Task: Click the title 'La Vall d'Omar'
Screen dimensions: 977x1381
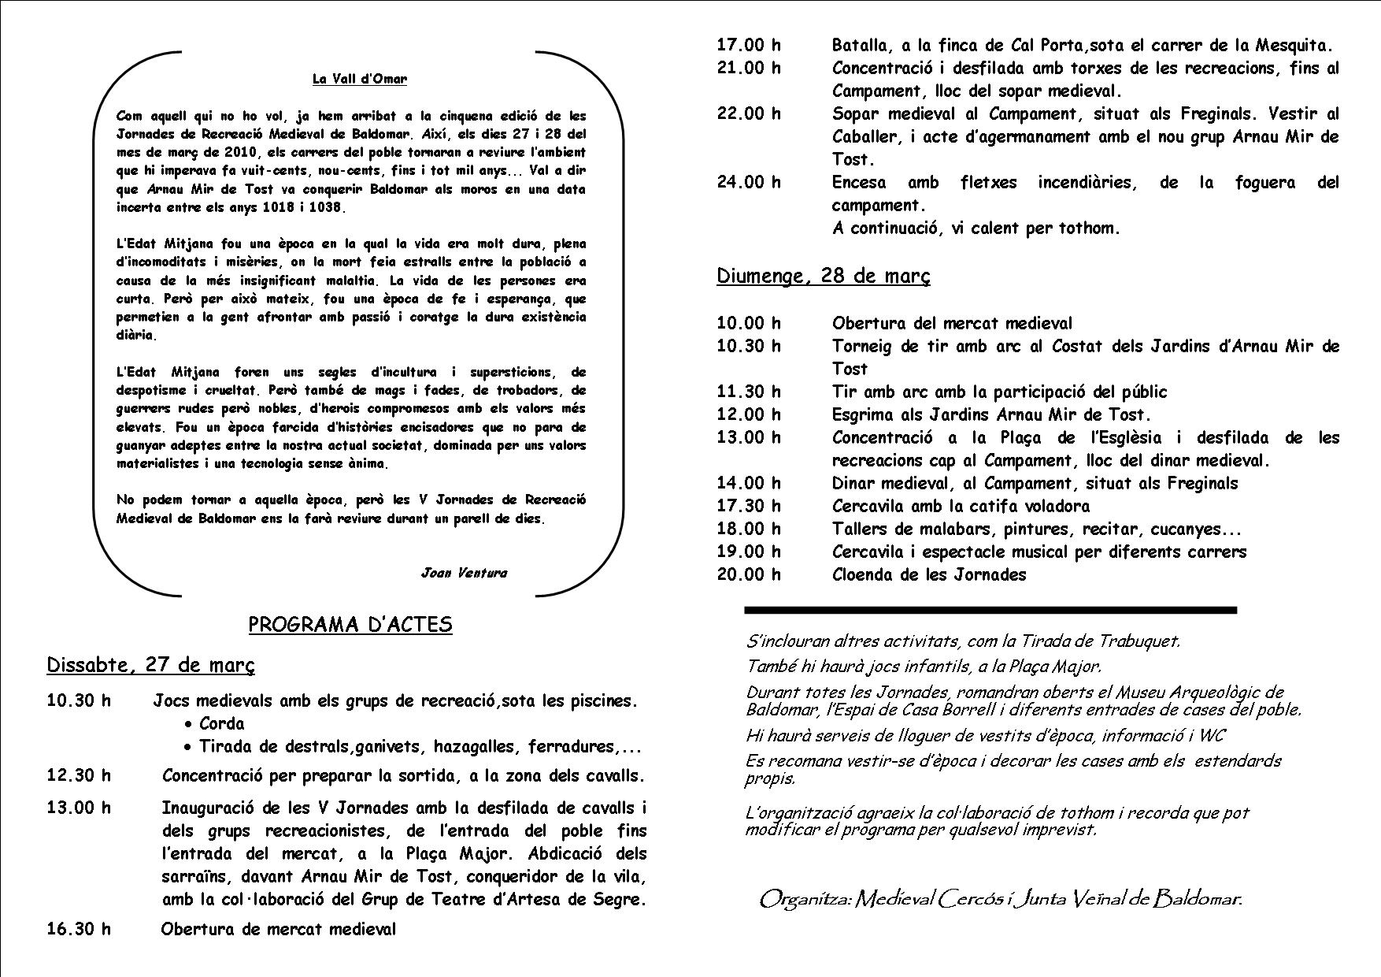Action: [360, 79]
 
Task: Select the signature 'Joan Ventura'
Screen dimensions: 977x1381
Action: [464, 573]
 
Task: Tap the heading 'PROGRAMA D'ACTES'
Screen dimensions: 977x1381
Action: [350, 625]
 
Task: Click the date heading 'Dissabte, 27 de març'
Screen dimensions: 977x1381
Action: [151, 665]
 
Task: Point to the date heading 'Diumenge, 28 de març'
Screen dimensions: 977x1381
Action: [824, 276]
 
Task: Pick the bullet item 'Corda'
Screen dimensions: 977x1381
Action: [221, 723]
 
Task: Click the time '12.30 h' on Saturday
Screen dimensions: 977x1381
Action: [79, 775]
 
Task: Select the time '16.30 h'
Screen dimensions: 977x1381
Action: [79, 929]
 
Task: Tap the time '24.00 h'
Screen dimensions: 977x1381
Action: [749, 183]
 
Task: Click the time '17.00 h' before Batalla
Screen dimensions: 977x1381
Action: [749, 45]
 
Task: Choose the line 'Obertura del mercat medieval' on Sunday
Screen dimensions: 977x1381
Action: [952, 323]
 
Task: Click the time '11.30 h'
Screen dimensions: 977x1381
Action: [749, 392]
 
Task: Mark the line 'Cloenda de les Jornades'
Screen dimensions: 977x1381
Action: [929, 574]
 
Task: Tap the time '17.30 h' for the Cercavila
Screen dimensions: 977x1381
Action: [749, 506]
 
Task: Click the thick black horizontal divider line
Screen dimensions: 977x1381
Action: [990, 610]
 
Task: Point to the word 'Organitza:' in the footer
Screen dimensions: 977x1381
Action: [804, 899]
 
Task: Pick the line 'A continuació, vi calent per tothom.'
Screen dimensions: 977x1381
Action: [976, 228]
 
